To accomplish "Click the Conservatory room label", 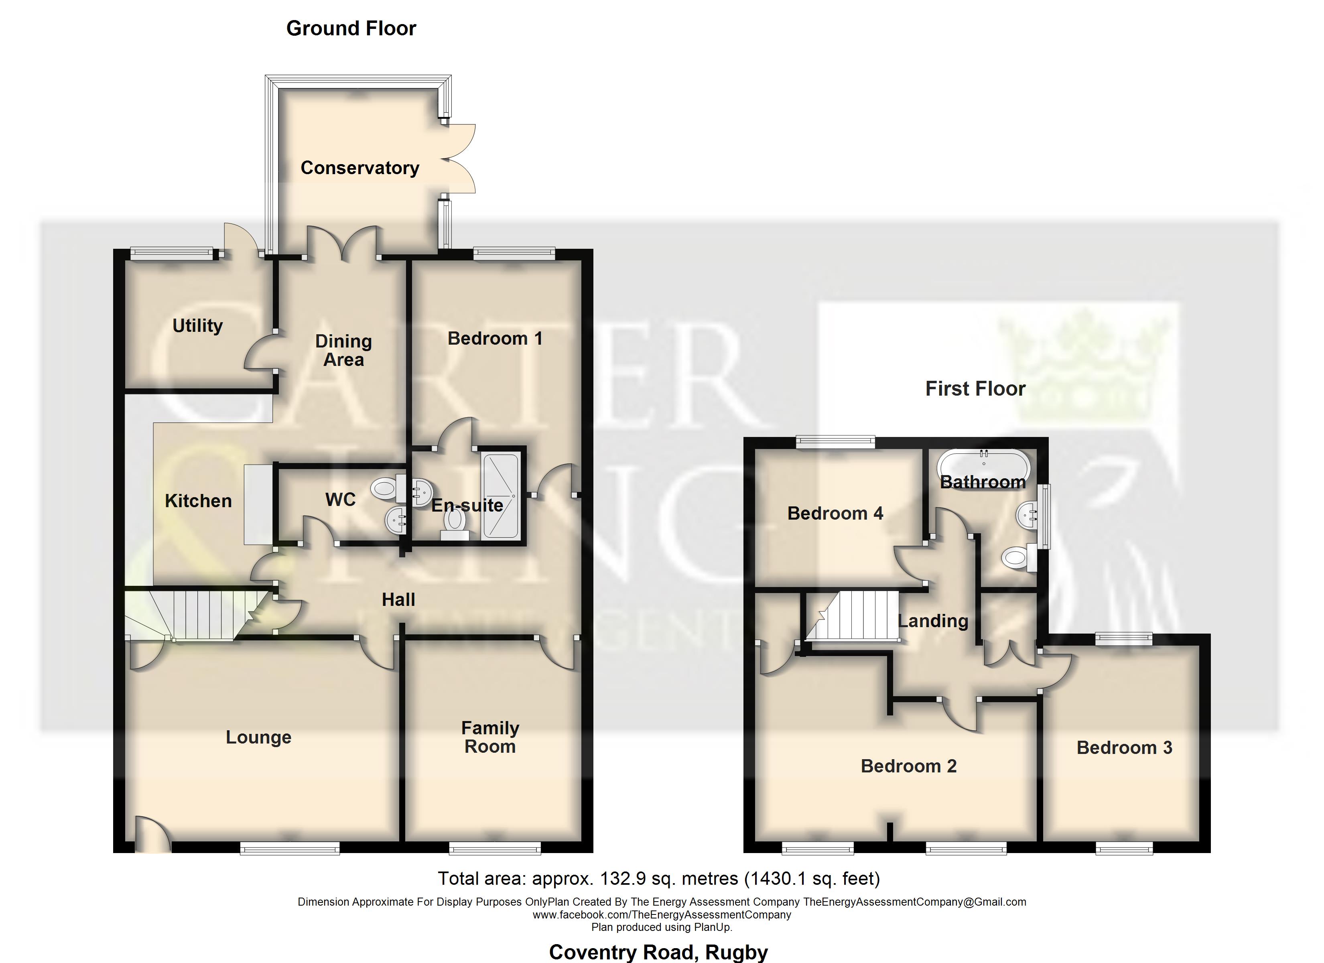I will tap(359, 168).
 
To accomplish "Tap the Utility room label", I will tap(197, 325).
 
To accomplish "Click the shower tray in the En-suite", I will tap(501, 496).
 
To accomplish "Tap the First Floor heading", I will tap(975, 389).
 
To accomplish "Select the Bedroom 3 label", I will tap(1124, 748).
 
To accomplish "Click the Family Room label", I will tap(490, 737).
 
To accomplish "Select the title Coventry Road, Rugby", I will tap(658, 952).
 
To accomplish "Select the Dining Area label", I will tap(343, 350).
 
